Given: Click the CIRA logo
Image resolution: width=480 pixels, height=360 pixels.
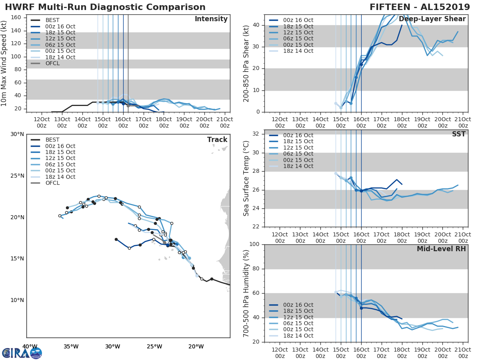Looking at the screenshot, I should point(22,353).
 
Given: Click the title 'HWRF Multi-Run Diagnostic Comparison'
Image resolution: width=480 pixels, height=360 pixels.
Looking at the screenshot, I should point(105,7).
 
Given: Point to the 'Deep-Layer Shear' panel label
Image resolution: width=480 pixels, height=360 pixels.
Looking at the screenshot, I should point(432,19).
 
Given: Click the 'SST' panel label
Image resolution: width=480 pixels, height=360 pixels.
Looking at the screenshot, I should point(458,134).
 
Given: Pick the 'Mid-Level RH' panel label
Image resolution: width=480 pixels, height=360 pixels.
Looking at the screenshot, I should point(441,249).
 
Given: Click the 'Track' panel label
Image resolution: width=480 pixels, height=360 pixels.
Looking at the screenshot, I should point(217,140).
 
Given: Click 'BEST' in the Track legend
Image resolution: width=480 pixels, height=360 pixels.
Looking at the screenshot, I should point(52,140).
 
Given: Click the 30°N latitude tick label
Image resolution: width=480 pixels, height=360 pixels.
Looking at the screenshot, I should point(17,134).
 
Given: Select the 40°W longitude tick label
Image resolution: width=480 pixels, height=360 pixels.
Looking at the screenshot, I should point(30,346).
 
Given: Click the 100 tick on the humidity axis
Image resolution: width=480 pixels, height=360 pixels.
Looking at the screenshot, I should point(254,244).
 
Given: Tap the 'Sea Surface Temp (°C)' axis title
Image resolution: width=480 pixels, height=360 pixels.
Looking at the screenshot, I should point(246,178).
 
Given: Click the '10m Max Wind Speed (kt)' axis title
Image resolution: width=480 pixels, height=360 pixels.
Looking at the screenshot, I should point(4,63).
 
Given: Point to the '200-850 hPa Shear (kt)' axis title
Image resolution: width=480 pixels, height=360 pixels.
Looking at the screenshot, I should point(246,63).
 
